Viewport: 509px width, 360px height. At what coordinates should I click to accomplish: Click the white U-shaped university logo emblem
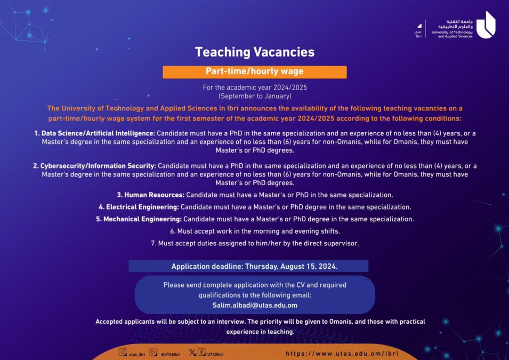[x=485, y=25]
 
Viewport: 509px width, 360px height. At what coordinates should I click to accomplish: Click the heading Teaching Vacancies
[x=254, y=52]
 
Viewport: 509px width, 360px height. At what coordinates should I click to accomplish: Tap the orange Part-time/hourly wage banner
[x=254, y=71]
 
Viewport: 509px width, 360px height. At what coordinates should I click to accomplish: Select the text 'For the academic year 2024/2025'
[x=255, y=87]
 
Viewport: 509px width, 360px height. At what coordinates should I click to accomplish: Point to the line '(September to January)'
[x=255, y=96]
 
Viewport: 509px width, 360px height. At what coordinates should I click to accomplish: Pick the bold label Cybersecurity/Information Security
[x=98, y=166]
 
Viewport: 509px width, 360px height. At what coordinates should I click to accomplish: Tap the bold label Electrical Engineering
[x=139, y=207]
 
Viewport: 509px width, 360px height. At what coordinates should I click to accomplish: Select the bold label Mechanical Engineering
[x=139, y=219]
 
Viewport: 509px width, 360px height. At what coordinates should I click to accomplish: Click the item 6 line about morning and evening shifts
[x=255, y=231]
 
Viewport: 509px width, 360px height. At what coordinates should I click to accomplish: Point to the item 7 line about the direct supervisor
[x=255, y=243]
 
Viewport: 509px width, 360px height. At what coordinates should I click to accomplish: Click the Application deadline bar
[x=248, y=266]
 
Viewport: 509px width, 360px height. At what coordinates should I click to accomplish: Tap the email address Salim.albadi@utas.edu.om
[x=255, y=306]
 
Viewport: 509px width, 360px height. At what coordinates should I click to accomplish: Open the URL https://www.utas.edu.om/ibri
[x=342, y=353]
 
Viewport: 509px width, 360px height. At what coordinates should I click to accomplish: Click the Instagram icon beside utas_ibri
[x=123, y=353]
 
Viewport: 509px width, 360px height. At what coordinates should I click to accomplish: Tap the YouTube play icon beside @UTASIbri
[x=153, y=353]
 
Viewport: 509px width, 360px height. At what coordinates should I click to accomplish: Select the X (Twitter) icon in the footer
[x=193, y=353]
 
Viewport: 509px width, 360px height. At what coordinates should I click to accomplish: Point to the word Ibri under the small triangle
[x=418, y=36]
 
